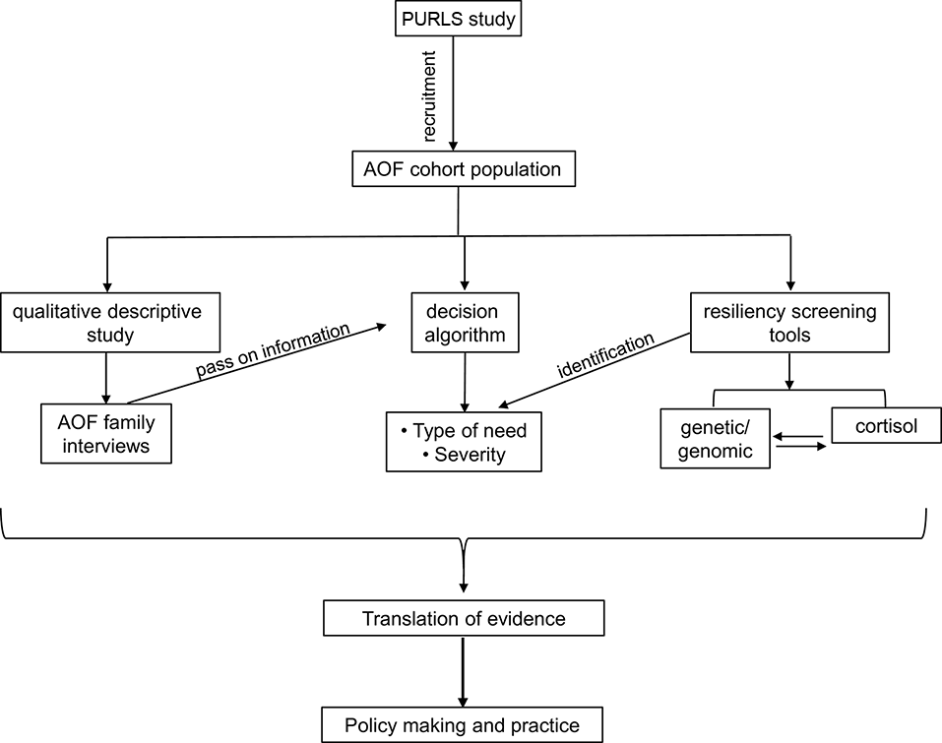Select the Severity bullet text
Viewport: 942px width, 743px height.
tap(471, 455)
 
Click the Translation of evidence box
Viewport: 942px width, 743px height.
tap(463, 619)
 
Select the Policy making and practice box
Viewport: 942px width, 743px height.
tap(463, 726)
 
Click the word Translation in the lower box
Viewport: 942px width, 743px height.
tap(408, 619)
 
